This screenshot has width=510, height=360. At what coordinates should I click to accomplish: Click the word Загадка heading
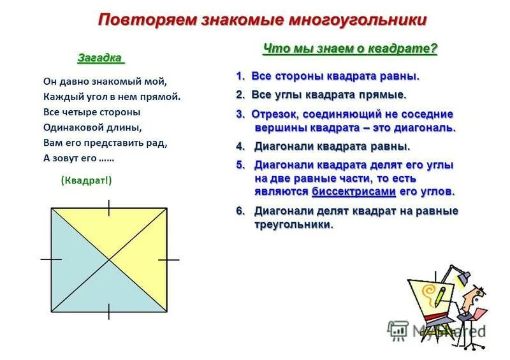(x=99, y=58)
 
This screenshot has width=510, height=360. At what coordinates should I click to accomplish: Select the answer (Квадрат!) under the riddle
(x=86, y=180)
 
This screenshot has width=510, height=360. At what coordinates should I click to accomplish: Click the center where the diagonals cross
(x=109, y=260)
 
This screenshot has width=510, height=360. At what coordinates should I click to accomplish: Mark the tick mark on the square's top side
(x=109, y=208)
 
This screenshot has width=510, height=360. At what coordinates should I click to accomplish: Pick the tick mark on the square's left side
(x=51, y=260)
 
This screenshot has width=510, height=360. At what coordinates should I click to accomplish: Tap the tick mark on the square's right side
(x=168, y=260)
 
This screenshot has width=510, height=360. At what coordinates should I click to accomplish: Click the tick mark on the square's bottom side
(x=109, y=312)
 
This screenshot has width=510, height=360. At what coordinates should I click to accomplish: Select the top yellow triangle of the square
(x=109, y=229)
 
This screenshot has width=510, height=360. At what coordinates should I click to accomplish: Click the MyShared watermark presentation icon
(x=398, y=329)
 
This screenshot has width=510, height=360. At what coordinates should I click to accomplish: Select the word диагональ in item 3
(x=427, y=127)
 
